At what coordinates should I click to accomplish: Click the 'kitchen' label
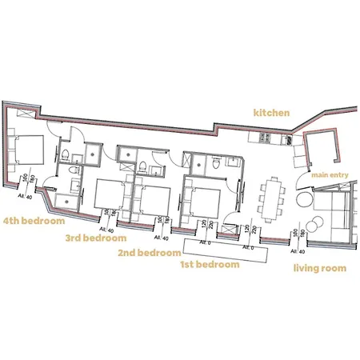(x=270, y=113)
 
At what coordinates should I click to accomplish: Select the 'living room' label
(x=319, y=268)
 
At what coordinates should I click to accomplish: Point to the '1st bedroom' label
(x=210, y=263)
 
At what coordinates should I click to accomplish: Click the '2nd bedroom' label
(x=150, y=252)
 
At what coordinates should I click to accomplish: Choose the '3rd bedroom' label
(x=96, y=238)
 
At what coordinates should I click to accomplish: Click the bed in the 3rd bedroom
(x=109, y=194)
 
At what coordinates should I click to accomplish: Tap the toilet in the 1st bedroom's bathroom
(x=217, y=163)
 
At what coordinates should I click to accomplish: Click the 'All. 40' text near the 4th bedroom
(x=25, y=194)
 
